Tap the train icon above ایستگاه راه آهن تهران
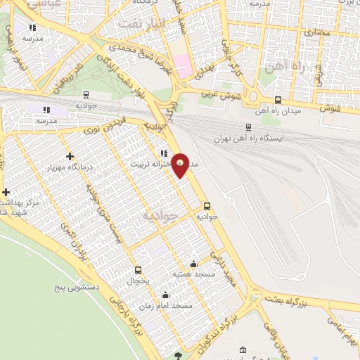[248, 127]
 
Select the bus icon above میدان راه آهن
[278, 100]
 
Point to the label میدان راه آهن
[278, 110]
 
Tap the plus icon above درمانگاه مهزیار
[69, 156]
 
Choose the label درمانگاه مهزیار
[68, 167]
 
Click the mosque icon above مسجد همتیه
[193, 264]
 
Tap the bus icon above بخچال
[138, 269]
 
